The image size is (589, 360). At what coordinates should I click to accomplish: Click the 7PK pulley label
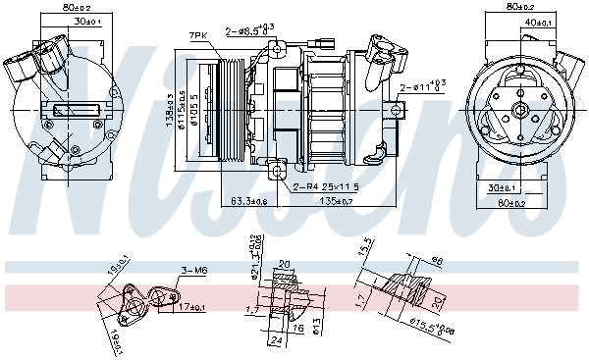(198, 35)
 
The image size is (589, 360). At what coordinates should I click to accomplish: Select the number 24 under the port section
(277, 341)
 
